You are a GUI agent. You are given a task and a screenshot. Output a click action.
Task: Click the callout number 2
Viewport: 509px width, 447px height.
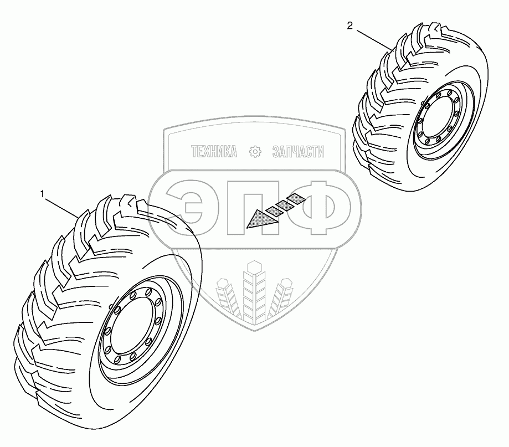coord(350,25)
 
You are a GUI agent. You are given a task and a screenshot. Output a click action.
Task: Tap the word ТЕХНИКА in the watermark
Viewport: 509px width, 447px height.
coord(214,152)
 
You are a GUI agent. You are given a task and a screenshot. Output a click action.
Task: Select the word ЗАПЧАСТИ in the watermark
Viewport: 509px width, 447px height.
coord(298,152)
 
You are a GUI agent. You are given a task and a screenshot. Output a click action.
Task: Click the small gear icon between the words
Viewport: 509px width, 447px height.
coord(255,151)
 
